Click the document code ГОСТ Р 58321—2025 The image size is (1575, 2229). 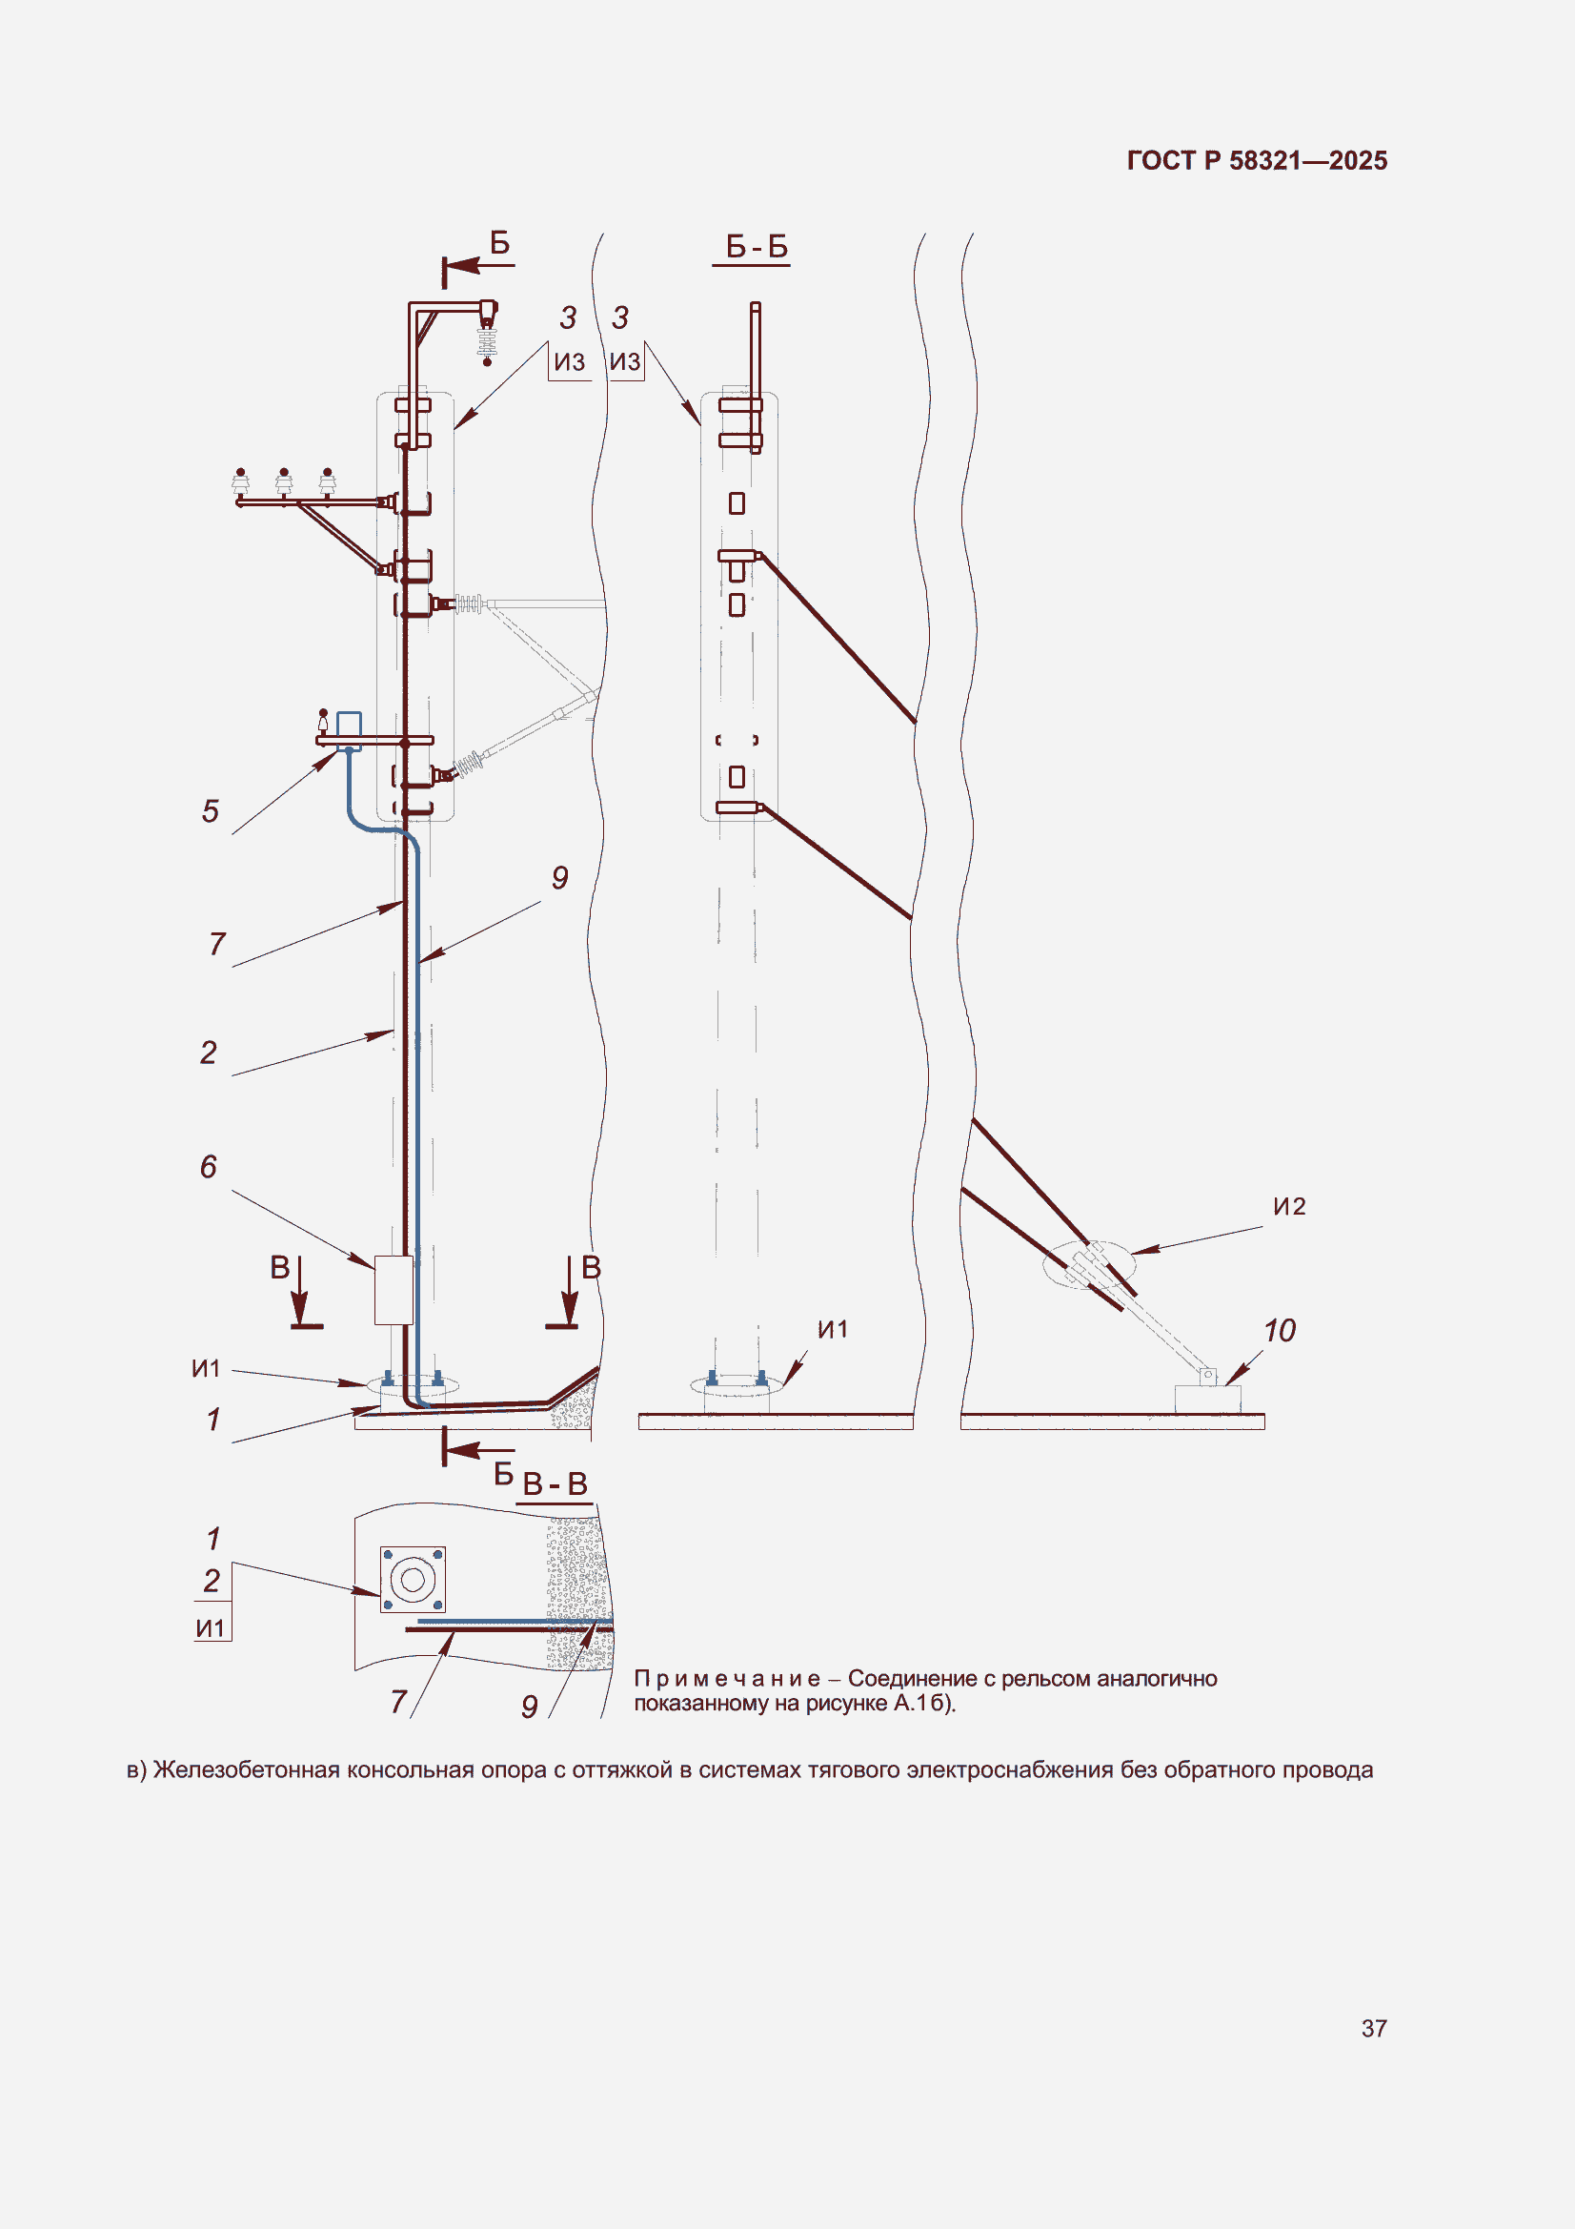(x=1257, y=160)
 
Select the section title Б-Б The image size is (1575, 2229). (x=757, y=247)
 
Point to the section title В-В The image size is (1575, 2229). (x=555, y=1483)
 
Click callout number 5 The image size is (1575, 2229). (x=211, y=810)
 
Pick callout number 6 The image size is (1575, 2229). (x=209, y=1166)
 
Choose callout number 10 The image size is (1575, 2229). (x=1280, y=1330)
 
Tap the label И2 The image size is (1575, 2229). (x=1290, y=1206)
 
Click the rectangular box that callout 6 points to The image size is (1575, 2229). (x=394, y=1290)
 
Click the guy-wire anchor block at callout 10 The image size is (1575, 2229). (x=1207, y=1399)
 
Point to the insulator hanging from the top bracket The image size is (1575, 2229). (x=487, y=341)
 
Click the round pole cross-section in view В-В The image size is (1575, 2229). (x=413, y=1580)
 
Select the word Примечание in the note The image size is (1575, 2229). (x=727, y=1678)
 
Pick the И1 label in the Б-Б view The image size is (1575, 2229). (x=833, y=1329)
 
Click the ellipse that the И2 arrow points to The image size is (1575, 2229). (x=1088, y=1265)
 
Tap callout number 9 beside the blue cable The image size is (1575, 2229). (x=560, y=878)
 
